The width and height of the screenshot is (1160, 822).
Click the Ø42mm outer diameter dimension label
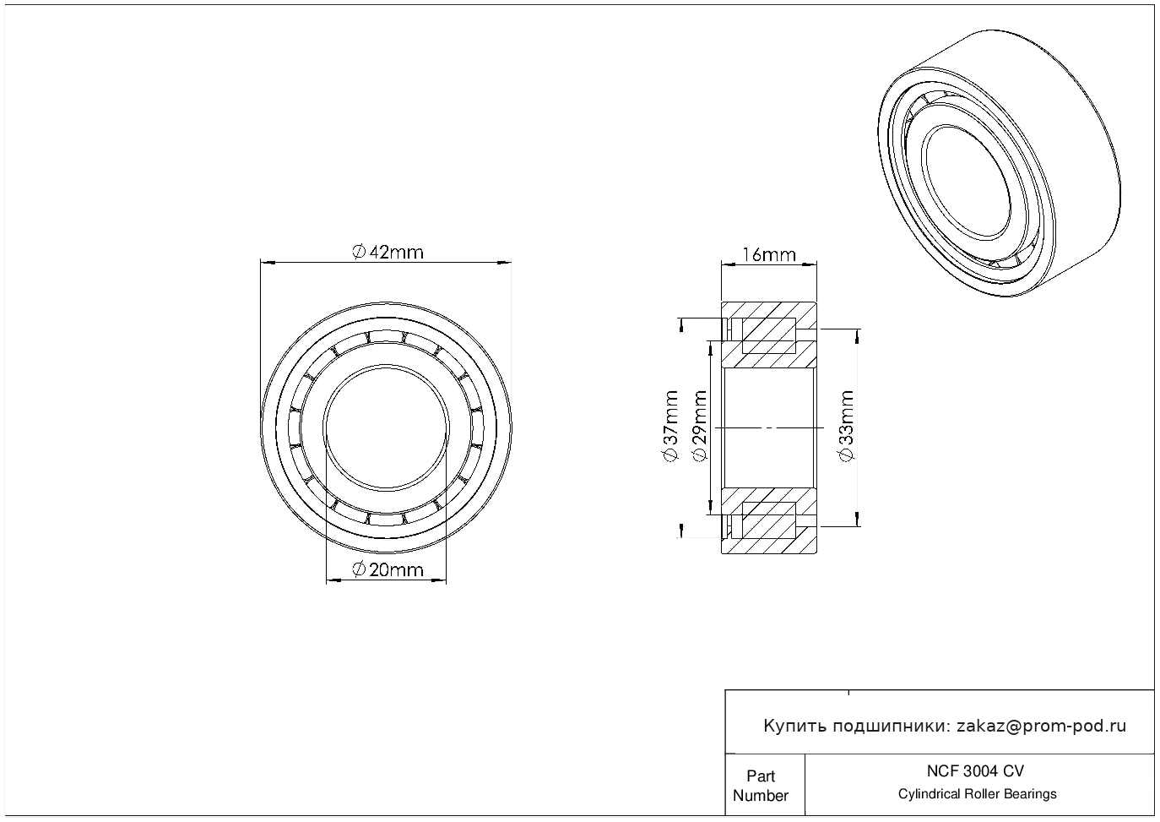tap(388, 252)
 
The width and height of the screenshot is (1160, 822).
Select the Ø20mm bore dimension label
tap(388, 569)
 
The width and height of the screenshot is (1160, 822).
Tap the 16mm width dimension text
tap(768, 254)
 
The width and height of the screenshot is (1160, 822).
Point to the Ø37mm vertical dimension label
tap(670, 426)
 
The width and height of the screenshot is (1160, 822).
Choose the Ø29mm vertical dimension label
tap(698, 426)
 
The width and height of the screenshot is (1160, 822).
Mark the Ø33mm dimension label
tap(847, 426)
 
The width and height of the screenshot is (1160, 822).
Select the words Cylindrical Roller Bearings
tap(977, 794)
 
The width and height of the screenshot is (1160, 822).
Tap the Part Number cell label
tap(761, 786)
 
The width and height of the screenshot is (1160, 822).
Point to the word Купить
tap(794, 726)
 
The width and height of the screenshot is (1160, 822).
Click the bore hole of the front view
tap(386, 427)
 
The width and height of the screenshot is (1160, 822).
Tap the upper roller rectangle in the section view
tap(768, 335)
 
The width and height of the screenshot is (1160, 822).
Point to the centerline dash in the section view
tap(768, 427)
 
